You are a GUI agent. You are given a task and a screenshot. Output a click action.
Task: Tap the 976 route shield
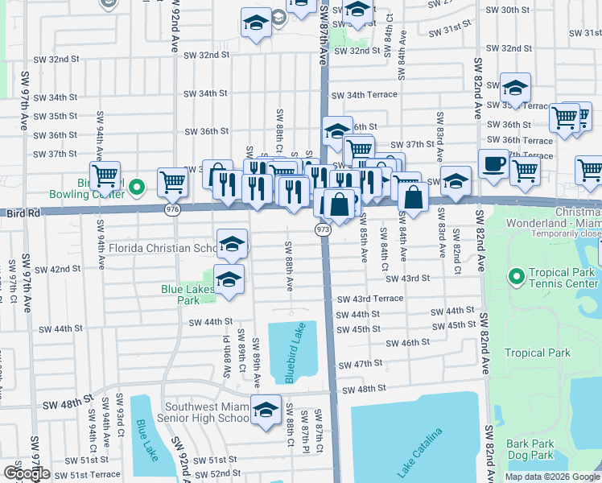click(x=173, y=208)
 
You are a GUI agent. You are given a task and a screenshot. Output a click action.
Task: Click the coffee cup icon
click(x=494, y=163)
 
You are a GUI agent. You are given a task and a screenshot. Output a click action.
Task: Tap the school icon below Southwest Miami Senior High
click(x=266, y=409)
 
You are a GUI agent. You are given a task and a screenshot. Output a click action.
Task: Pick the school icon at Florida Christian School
click(x=232, y=244)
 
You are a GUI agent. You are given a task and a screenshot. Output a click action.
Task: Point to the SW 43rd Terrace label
click(x=369, y=299)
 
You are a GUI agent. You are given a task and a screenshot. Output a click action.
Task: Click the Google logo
click(x=27, y=473)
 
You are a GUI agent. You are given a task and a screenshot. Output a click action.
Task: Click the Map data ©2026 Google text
click(x=552, y=477)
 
